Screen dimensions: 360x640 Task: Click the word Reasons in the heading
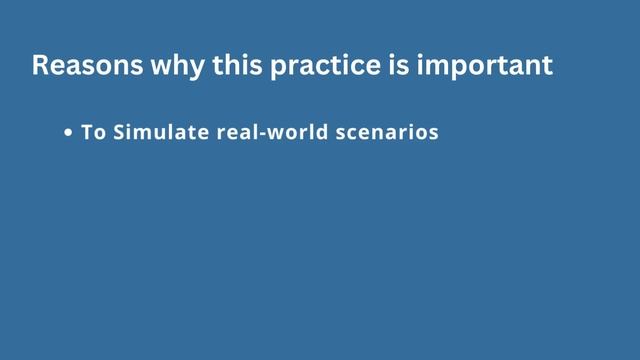coord(81,66)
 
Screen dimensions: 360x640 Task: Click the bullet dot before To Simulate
coord(68,133)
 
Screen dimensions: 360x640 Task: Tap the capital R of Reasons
coord(40,66)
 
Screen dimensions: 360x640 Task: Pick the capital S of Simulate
coord(119,132)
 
